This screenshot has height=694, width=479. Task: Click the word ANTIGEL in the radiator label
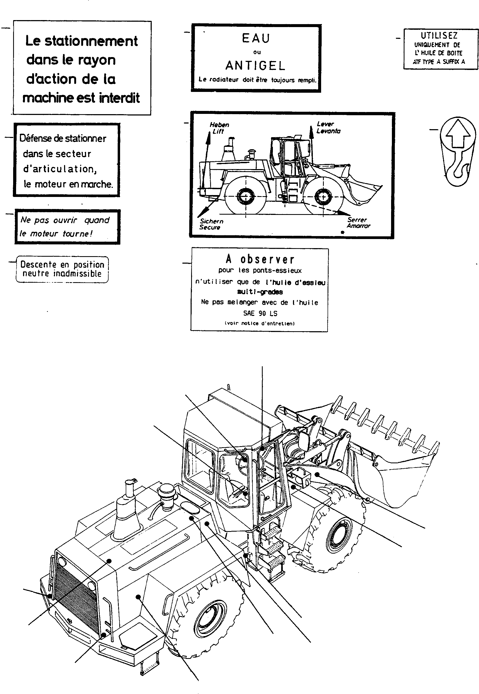255,66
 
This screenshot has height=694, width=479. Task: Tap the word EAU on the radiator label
256,38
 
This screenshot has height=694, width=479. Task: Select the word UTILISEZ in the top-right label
439,36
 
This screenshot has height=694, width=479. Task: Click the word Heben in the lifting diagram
219,125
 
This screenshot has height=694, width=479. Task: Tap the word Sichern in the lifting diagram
211,221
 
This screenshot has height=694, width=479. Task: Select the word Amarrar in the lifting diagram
358,226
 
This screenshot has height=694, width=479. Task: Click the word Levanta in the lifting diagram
328,131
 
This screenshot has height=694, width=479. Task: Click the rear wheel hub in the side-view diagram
246,196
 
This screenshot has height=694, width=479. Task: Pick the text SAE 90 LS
260,314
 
